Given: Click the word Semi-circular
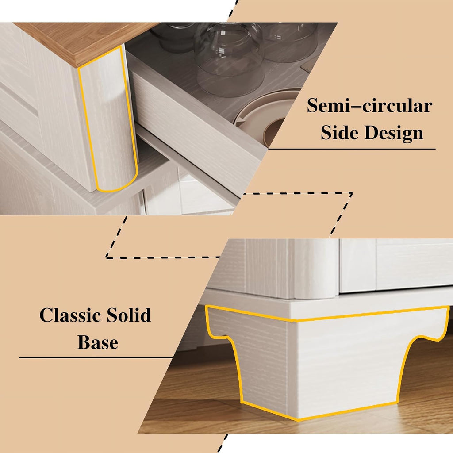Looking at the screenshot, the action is point(369,106).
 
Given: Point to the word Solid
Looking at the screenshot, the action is point(129,315).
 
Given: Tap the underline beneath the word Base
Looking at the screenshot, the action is point(96,357).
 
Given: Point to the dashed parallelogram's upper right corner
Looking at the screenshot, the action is point(352,193).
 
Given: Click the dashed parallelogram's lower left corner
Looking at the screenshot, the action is point(107,257).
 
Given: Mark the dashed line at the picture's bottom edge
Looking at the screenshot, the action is point(223,443).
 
